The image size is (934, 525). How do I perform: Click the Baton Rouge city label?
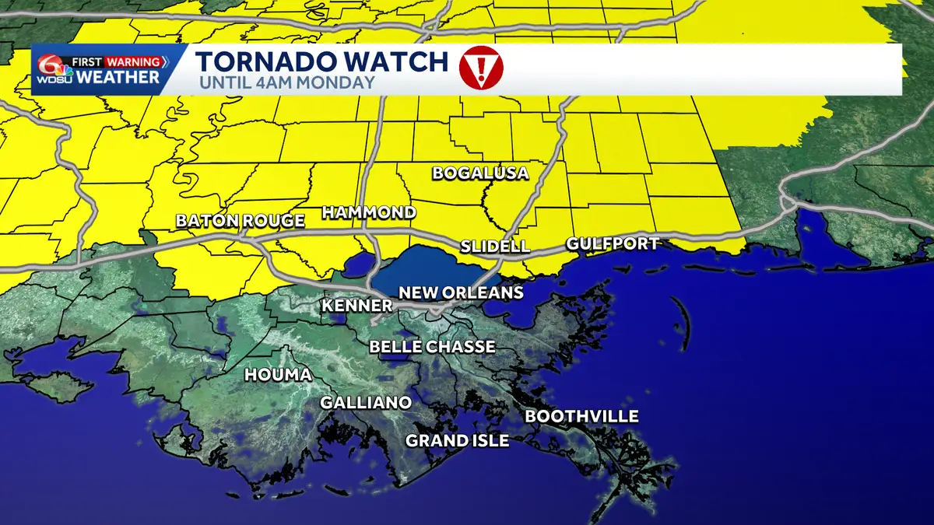point(240,221)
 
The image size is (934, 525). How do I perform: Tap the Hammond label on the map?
point(369,212)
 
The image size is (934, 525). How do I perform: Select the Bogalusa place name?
point(480,173)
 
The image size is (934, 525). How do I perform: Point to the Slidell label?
point(495,247)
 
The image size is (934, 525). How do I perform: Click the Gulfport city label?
point(613,243)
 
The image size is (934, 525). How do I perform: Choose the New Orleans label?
point(461,293)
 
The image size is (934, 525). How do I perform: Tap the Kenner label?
point(357,306)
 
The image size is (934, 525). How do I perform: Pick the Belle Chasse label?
point(432,347)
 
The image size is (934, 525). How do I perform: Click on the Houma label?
point(278,375)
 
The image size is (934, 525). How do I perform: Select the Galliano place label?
point(366,403)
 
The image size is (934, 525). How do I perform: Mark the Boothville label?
point(581,417)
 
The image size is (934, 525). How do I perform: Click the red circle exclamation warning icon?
point(481,68)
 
